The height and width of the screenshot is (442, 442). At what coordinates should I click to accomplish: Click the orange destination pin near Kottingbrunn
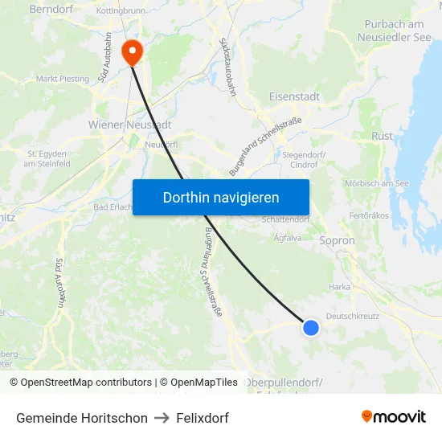click(x=131, y=52)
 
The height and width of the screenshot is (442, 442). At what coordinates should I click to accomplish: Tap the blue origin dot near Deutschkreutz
click(x=311, y=327)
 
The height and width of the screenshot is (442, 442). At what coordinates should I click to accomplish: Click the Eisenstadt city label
click(x=293, y=96)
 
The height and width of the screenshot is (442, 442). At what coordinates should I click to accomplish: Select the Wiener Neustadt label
click(x=129, y=125)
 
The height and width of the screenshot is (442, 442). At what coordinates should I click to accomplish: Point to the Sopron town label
click(x=337, y=240)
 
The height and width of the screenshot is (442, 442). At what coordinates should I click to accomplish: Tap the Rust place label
click(x=382, y=136)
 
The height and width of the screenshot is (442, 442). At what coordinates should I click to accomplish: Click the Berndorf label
click(x=51, y=10)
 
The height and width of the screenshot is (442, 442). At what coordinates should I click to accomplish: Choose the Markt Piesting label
click(x=62, y=79)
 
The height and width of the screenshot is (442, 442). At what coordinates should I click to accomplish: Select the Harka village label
click(x=338, y=286)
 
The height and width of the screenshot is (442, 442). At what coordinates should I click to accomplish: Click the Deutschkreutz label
click(x=354, y=316)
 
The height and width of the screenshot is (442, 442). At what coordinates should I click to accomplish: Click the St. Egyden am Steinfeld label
click(x=48, y=158)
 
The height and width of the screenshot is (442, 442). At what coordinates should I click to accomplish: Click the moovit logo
click(x=394, y=416)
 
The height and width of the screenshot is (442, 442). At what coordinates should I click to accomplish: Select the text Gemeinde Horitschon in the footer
click(x=82, y=418)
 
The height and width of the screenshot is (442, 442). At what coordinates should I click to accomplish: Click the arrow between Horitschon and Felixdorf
click(x=162, y=418)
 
